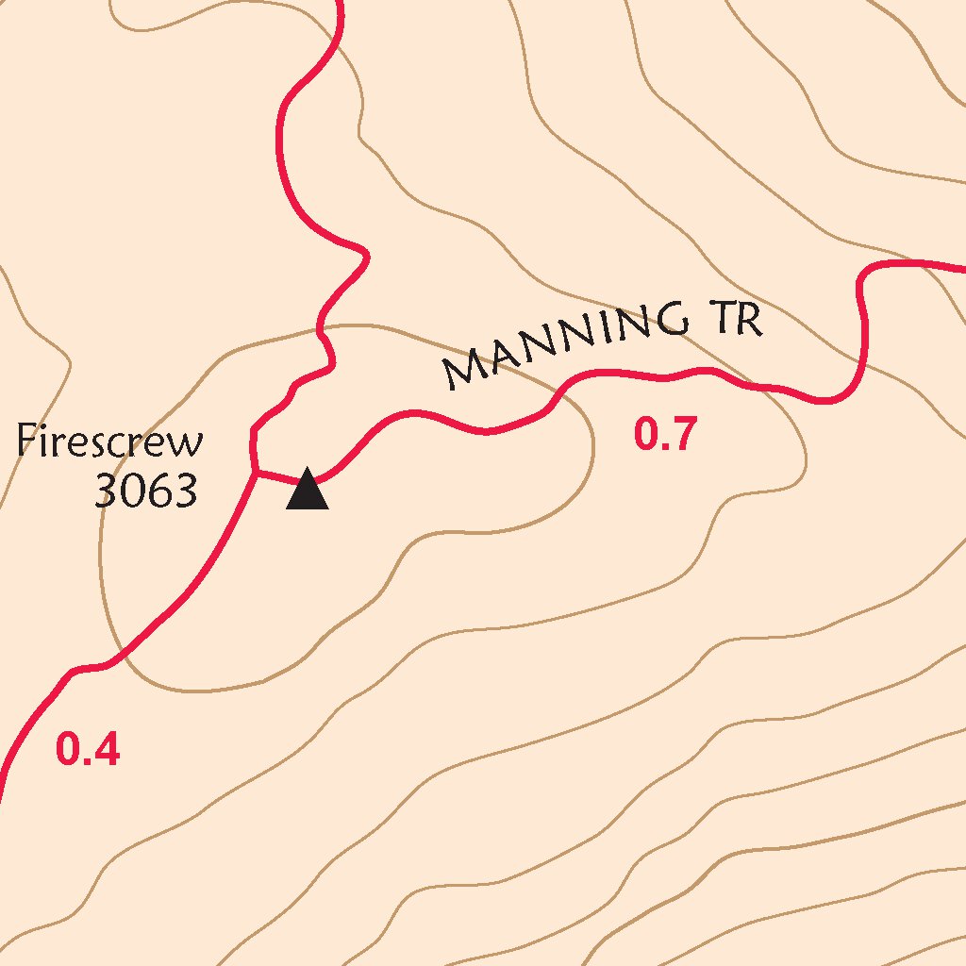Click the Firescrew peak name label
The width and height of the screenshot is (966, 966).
110,441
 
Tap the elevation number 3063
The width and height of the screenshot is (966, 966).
146,491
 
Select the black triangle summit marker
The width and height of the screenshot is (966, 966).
308,490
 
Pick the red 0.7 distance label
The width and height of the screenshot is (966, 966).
664,435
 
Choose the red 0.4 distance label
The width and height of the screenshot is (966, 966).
88,750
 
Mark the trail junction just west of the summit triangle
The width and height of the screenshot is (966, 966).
256,471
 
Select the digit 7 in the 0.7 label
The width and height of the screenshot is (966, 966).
682,435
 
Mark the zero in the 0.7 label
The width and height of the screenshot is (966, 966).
647,435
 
